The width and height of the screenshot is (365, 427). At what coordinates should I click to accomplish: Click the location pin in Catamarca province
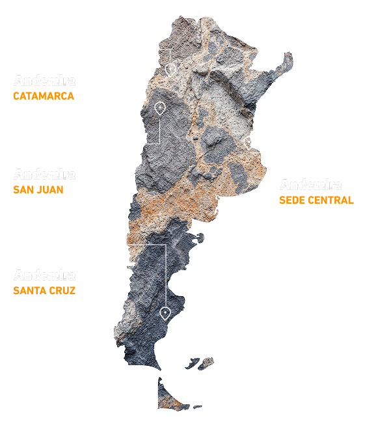[x=170, y=68]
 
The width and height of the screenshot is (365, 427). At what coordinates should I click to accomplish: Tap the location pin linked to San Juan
[x=160, y=108]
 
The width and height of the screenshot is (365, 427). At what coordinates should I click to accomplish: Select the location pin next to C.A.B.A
[x=249, y=143]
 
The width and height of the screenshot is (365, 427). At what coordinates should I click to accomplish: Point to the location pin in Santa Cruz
[x=165, y=313]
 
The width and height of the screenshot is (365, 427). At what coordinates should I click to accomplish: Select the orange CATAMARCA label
[x=44, y=96]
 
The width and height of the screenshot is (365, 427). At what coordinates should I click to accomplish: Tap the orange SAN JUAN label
[x=38, y=190]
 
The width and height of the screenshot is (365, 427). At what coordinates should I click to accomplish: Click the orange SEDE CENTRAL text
[x=316, y=200]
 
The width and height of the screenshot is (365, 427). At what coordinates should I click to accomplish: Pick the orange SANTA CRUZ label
[x=44, y=290]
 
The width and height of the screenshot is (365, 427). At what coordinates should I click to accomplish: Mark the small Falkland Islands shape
[x=195, y=362]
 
